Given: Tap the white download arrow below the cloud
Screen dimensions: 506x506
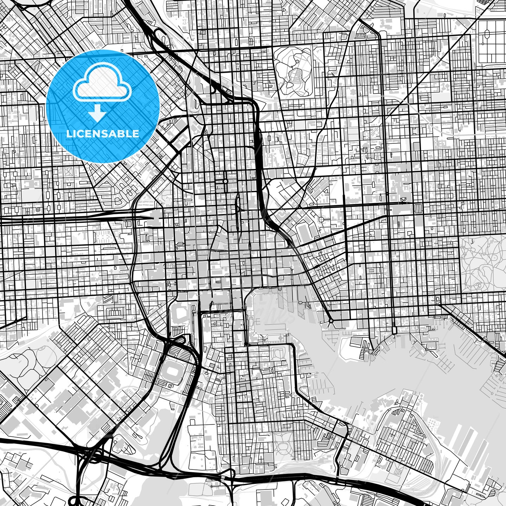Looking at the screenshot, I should coord(97,113).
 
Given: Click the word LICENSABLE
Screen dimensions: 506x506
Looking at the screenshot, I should coord(103,134).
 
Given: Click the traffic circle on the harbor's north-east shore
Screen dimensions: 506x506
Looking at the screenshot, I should coord(331,320).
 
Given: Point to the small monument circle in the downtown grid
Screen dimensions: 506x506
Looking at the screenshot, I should coord(225,181).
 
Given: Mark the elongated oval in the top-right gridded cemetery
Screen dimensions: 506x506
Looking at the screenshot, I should coord(487,35).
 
